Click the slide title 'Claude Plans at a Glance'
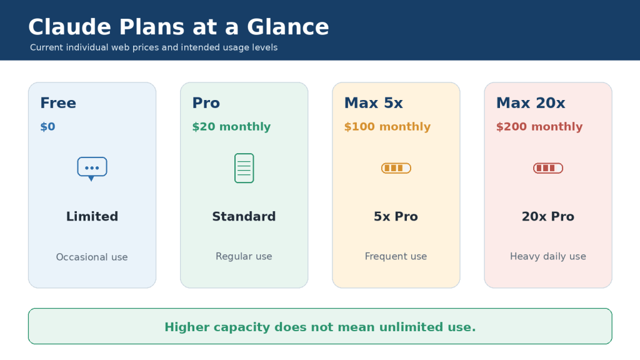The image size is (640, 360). coord(178,27)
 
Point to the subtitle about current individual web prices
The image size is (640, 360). coord(154,47)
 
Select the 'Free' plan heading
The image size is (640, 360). coord(58,103)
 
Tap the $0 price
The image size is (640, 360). coord(47,126)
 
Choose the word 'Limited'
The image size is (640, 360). coord(92,216)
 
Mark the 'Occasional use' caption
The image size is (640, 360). coord(92,257)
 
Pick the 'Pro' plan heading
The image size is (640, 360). coord(206,103)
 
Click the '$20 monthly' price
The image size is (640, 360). coord(231,126)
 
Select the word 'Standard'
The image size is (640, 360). coord(244,216)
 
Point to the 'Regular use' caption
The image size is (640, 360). coord(244,256)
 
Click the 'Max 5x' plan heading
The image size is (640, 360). coord(374,103)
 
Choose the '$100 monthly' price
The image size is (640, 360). coord(387,126)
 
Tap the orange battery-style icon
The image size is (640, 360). coord(396,168)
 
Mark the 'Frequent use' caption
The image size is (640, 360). coord(396,256)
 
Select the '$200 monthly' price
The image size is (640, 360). coord(539,126)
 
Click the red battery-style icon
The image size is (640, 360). coord(548,168)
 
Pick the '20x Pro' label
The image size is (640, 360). coord(548,216)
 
